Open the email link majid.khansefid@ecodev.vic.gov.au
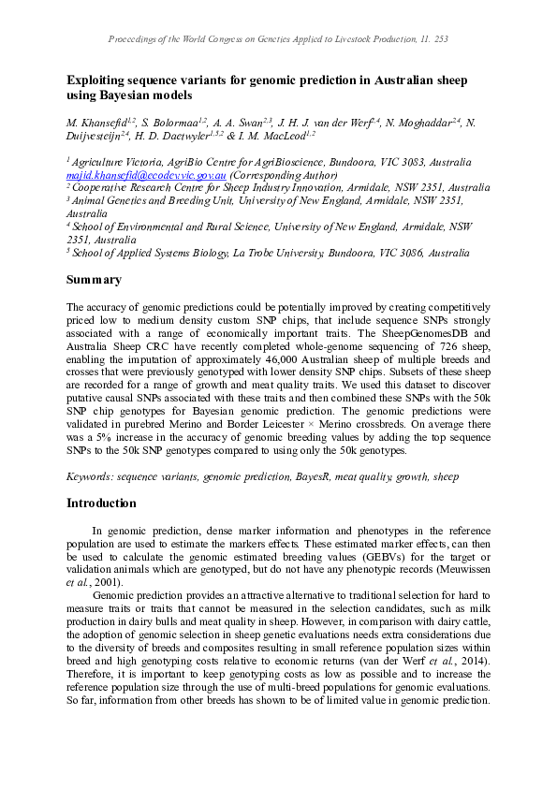point(146,175)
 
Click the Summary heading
point(93,280)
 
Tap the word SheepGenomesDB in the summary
point(415,333)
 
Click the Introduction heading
point(101,503)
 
